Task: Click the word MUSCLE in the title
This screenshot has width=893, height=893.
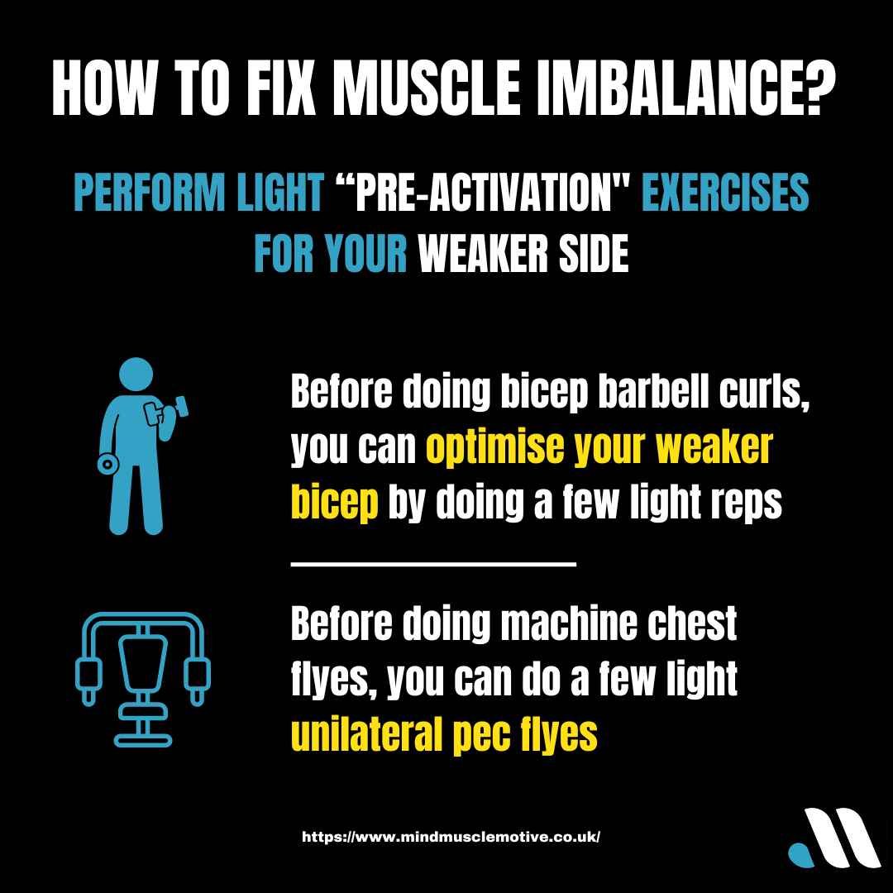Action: coord(427,88)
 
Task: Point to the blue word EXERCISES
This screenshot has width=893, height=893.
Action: coord(726,192)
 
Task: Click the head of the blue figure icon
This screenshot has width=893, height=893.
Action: coord(136,375)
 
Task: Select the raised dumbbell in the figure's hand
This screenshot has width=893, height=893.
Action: coord(167,411)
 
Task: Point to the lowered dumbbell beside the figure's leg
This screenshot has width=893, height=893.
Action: coord(107,464)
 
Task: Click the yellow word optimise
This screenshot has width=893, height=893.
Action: coord(495,447)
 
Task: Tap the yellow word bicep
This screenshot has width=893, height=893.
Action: coord(334,503)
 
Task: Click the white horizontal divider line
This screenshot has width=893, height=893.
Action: coord(433,564)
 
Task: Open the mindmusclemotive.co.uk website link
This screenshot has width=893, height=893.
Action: coord(451,837)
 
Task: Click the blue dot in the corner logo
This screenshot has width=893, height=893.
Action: coord(801,856)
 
